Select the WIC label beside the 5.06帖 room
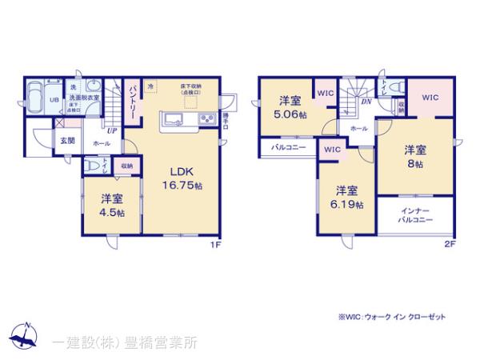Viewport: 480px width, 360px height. (x=325, y=93)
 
